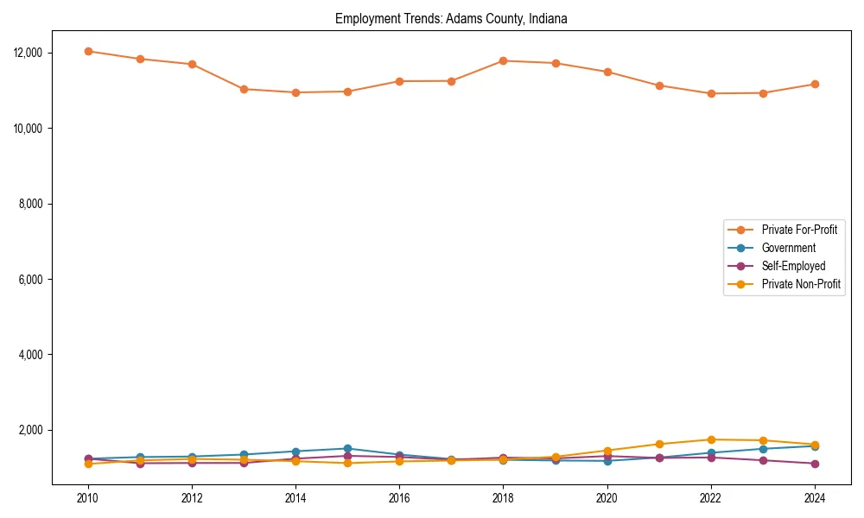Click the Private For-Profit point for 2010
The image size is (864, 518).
(x=88, y=51)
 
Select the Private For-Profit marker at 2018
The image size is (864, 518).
(x=503, y=60)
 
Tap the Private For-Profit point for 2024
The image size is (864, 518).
(x=814, y=84)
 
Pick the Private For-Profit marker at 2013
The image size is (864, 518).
(x=244, y=89)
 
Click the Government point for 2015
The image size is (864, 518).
(x=347, y=449)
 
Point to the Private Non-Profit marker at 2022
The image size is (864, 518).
(x=710, y=439)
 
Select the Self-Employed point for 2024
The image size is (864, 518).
(x=814, y=464)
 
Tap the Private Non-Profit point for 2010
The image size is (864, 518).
(x=88, y=464)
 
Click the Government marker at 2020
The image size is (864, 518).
(x=607, y=460)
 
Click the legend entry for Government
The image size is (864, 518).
(x=788, y=248)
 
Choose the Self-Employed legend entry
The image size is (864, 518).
(x=793, y=266)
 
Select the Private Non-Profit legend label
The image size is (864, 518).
(x=801, y=283)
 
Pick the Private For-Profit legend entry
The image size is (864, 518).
(x=798, y=230)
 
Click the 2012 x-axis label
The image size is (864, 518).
(x=192, y=498)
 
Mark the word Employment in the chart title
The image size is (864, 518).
(x=363, y=19)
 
